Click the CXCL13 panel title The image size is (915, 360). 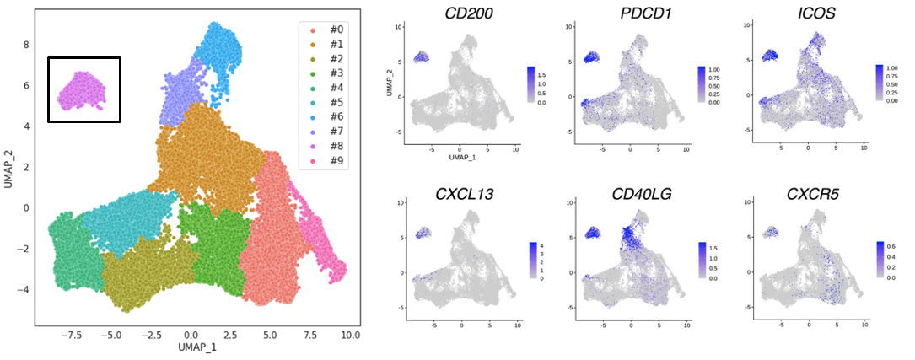pos(455,193)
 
